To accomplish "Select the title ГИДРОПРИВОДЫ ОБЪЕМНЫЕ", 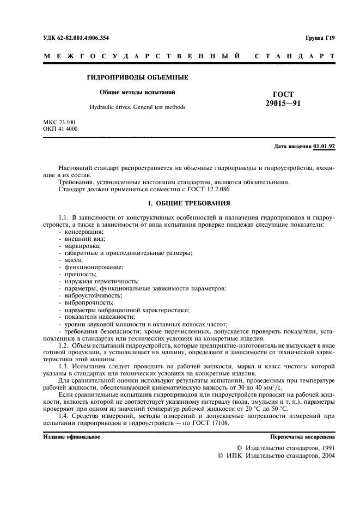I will tap(137, 77).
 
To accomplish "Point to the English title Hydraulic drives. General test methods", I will tap(137, 107).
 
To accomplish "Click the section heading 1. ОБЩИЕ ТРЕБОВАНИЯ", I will tap(180, 203).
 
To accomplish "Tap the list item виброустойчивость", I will tap(89, 295).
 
